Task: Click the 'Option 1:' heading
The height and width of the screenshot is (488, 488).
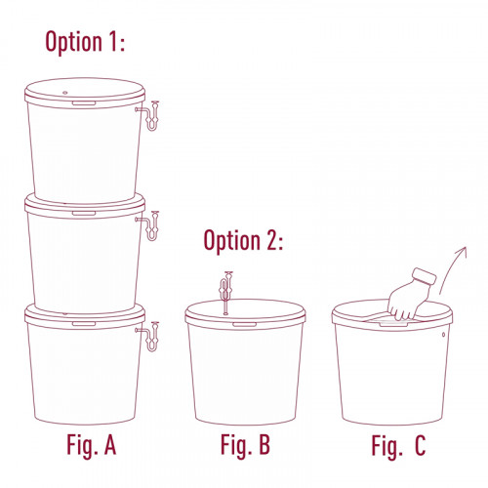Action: point(85,42)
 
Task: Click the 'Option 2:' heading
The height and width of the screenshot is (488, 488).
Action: point(243,240)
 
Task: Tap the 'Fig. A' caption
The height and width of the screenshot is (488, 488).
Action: point(91,445)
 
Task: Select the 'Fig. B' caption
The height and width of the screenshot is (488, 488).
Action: point(245,445)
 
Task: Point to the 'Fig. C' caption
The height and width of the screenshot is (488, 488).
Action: point(398,445)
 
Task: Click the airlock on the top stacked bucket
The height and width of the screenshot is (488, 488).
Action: point(151,117)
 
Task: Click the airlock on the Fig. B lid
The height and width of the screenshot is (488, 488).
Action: point(225,293)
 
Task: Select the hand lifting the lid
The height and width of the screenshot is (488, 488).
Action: point(410,296)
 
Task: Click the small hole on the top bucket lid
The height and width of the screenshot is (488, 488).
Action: point(65,93)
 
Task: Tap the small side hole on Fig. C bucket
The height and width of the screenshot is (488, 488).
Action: point(444,335)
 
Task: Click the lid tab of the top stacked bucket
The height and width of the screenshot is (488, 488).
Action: point(84,103)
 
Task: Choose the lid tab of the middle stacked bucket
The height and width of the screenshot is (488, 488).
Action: point(84,214)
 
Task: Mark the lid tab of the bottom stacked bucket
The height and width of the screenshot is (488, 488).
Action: point(84,324)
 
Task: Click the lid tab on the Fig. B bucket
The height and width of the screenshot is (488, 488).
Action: point(244,324)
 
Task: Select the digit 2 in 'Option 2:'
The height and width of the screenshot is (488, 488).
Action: point(271,240)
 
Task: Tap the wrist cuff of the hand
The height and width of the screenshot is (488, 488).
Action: point(424,277)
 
